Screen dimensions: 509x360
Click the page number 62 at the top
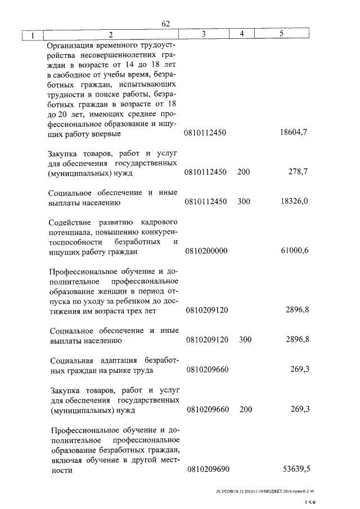tap(166, 24)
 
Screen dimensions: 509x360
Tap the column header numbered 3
tap(204, 35)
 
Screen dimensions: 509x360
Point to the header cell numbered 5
tap(281, 35)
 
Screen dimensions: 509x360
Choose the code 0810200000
tap(206, 251)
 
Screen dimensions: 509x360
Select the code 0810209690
tap(206, 469)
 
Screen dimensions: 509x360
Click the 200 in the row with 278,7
tap(244, 172)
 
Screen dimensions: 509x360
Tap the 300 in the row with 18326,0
tap(244, 201)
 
